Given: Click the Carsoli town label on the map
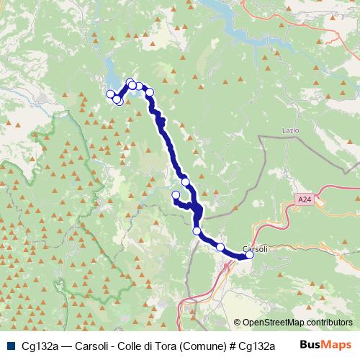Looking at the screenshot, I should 256,248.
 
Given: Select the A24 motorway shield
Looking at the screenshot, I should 302,197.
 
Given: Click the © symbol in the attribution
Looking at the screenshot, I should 237,323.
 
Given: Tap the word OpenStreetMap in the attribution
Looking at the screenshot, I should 274,323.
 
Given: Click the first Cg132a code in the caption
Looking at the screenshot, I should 40,346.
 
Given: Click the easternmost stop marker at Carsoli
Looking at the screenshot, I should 250,254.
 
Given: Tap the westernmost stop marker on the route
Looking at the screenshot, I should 111,94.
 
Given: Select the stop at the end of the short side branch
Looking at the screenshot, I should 176,195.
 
